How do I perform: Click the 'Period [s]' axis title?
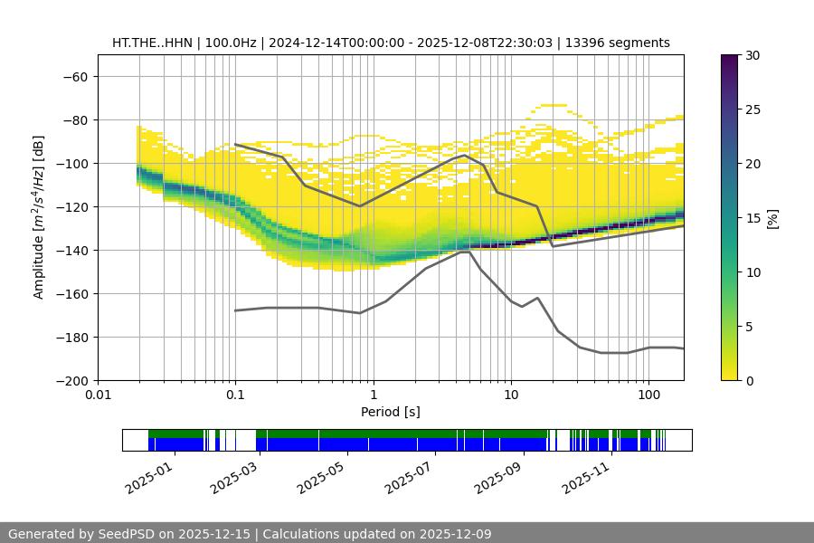390,412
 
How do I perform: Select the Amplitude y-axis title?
39,217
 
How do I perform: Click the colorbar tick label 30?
753,55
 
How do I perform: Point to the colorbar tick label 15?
753,217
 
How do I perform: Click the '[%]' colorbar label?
772,217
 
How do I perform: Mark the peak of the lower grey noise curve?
465,252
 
